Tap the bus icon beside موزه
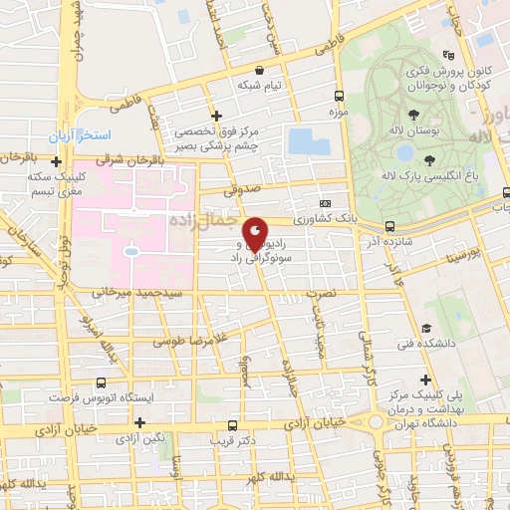340,97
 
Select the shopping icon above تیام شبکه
260,71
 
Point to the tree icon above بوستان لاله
412,116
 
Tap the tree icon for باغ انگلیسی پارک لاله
428,160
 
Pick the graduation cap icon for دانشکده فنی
426,328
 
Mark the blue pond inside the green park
405,153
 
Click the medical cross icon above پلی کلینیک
426,380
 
